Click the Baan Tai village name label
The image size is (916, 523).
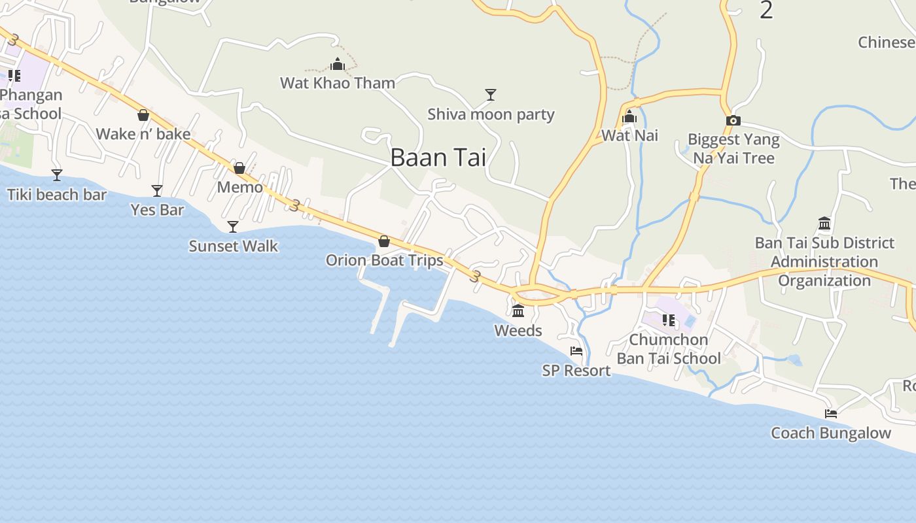(438, 158)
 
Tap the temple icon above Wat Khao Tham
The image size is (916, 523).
(338, 64)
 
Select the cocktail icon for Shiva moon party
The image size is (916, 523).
(490, 95)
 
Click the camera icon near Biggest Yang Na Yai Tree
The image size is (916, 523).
(733, 120)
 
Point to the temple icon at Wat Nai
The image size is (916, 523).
(629, 117)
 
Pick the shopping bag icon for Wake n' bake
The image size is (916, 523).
(143, 116)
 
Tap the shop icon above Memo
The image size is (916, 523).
(239, 168)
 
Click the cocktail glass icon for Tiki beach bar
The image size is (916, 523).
(57, 175)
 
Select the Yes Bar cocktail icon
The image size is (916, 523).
(157, 191)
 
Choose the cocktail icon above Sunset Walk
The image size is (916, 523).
(233, 227)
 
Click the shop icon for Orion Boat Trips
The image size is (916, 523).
(384, 241)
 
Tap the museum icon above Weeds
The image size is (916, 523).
(518, 311)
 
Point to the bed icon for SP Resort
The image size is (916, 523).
(576, 351)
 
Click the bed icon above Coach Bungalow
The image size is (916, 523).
(831, 413)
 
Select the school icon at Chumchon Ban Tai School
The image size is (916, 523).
(669, 320)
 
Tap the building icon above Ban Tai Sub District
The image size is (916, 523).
(824, 224)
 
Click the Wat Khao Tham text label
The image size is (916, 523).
(338, 83)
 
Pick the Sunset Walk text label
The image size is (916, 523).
(234, 246)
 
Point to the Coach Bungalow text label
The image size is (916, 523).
(831, 433)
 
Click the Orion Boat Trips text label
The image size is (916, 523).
(385, 260)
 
